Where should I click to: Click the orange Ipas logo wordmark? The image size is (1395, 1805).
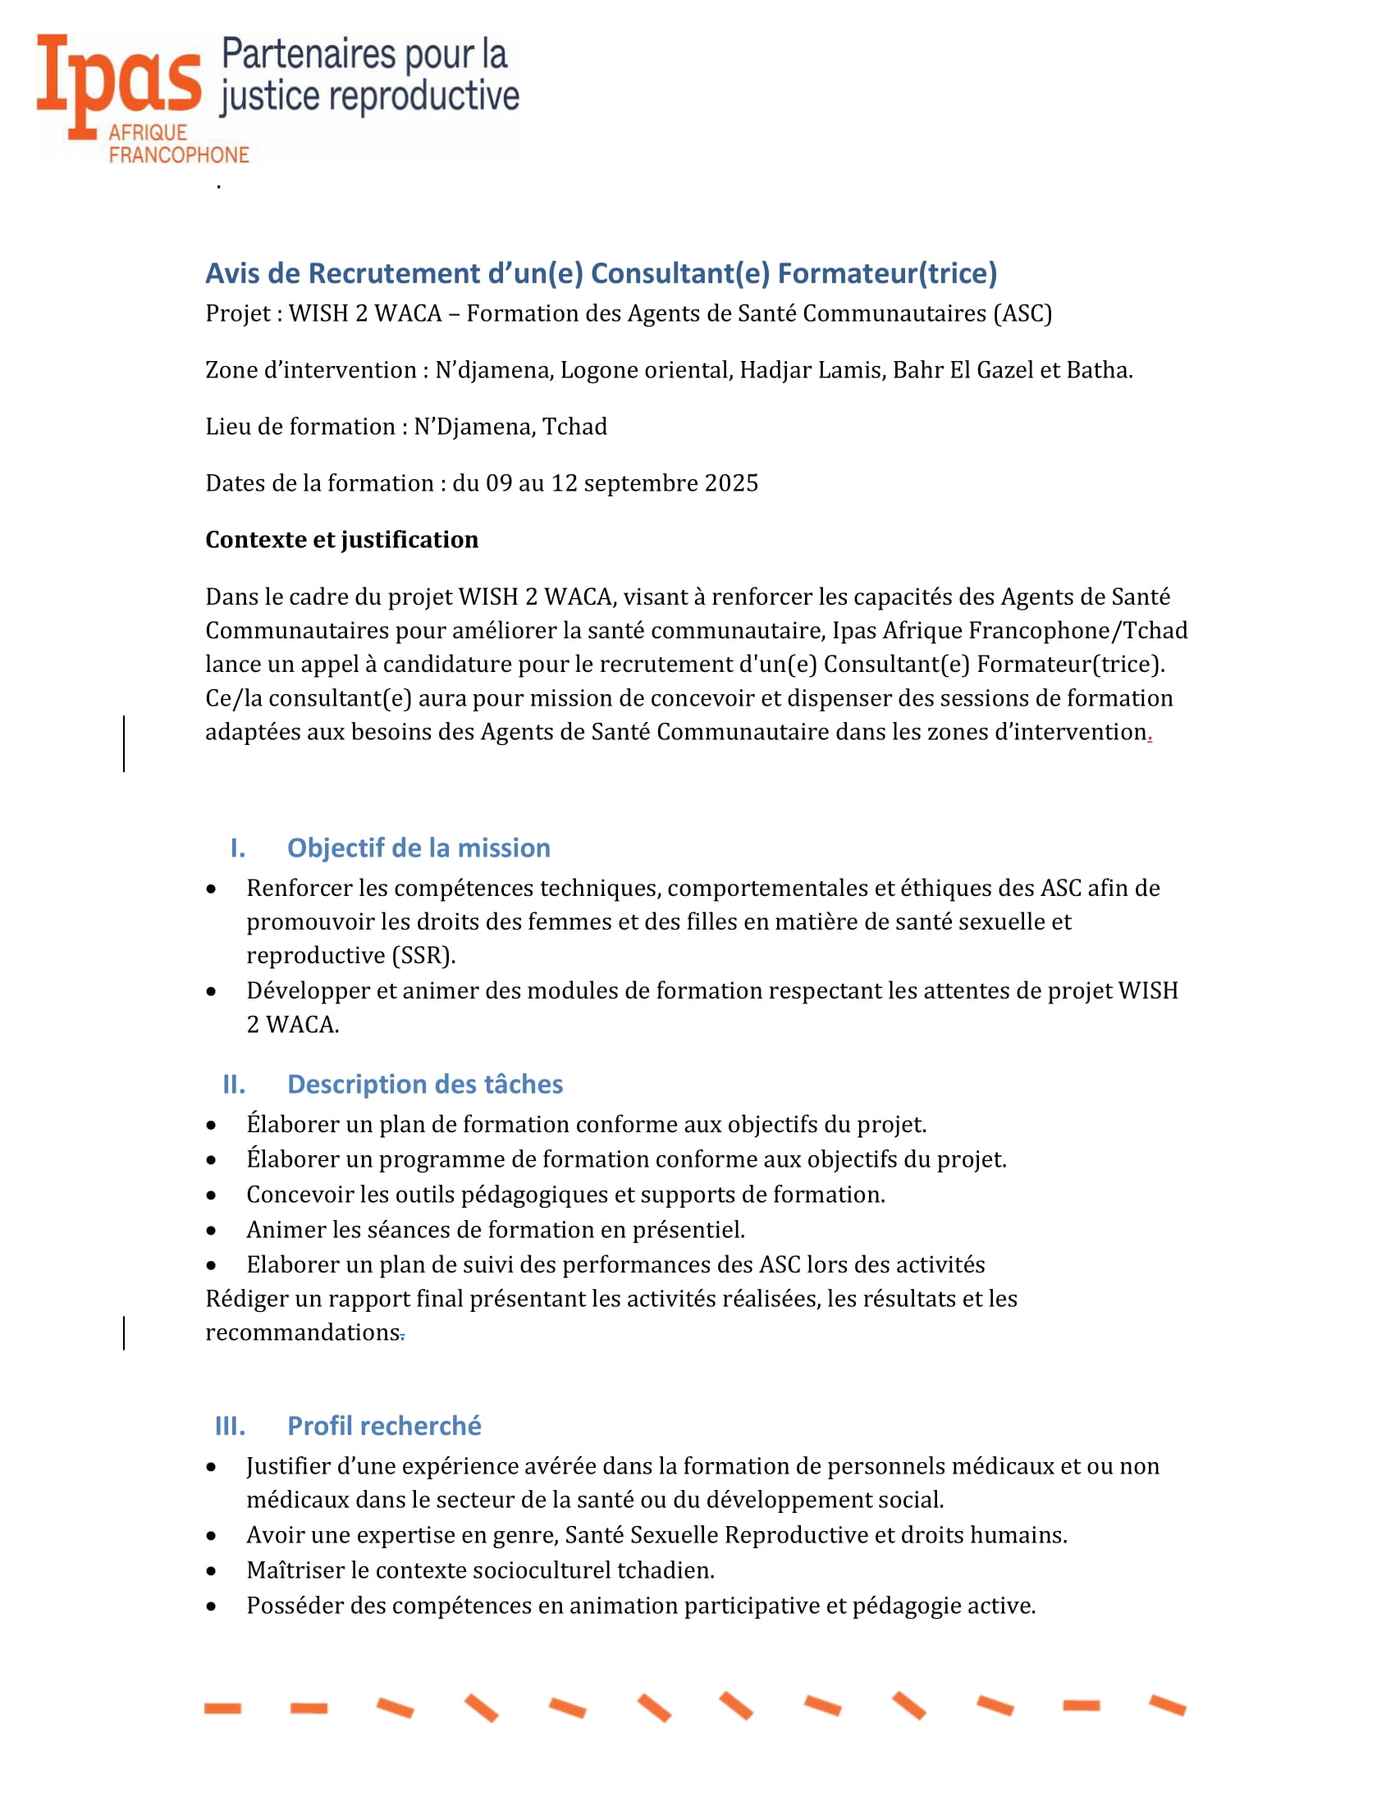tap(119, 80)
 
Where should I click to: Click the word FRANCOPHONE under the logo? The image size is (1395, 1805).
tap(179, 154)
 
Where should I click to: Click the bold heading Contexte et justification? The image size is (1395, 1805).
tap(341, 540)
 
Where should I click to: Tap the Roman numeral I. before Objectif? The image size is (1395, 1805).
tap(237, 848)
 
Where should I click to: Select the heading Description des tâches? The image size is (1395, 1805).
tap(425, 1085)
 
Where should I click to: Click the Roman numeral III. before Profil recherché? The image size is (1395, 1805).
tap(230, 1426)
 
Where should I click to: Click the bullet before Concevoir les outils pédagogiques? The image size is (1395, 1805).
tap(212, 1195)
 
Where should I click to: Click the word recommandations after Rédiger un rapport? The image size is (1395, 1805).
tap(303, 1332)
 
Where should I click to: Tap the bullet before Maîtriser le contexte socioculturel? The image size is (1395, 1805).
tap(212, 1570)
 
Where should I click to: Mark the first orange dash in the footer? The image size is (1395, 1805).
tap(222, 1708)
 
